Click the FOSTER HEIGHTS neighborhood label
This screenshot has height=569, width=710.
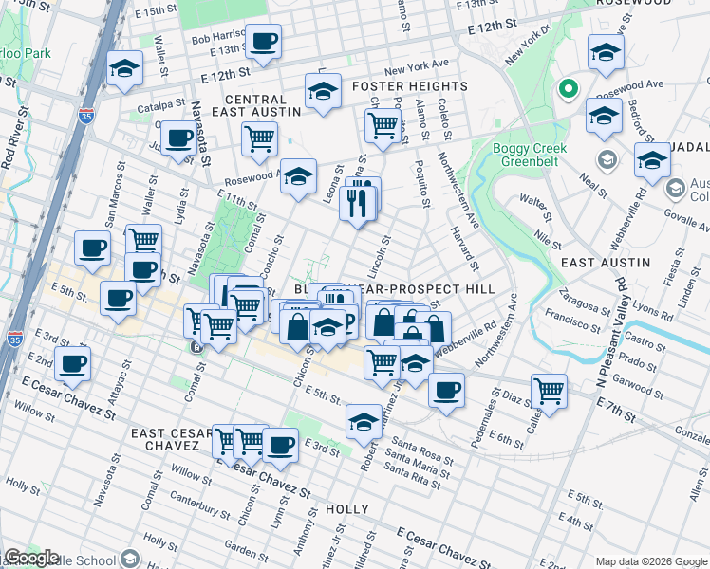(409, 86)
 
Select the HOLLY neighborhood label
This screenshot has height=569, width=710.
(346, 509)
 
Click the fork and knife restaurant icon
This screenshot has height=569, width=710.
(357, 202)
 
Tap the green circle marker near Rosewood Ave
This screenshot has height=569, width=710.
(569, 91)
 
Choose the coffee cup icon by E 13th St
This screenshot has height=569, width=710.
(265, 41)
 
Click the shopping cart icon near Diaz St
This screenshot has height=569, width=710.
(549, 389)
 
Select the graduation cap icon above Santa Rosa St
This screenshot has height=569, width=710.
(363, 421)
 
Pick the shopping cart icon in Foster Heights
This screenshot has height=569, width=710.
(383, 124)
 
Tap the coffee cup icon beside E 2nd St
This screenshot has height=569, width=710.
(73, 362)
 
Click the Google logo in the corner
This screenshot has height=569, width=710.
(31, 558)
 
